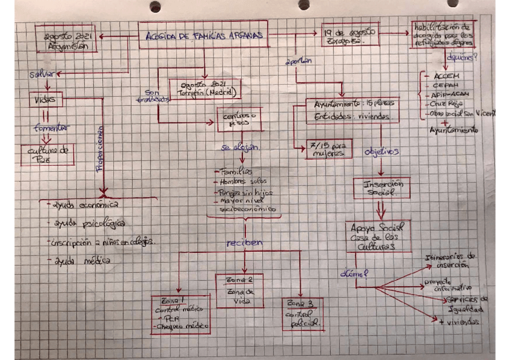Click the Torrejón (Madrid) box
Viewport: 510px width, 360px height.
(204, 89)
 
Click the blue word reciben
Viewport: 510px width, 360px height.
(244, 243)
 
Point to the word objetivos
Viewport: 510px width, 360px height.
(382, 152)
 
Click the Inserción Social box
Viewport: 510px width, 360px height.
(381, 188)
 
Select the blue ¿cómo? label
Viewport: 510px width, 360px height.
(354, 274)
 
